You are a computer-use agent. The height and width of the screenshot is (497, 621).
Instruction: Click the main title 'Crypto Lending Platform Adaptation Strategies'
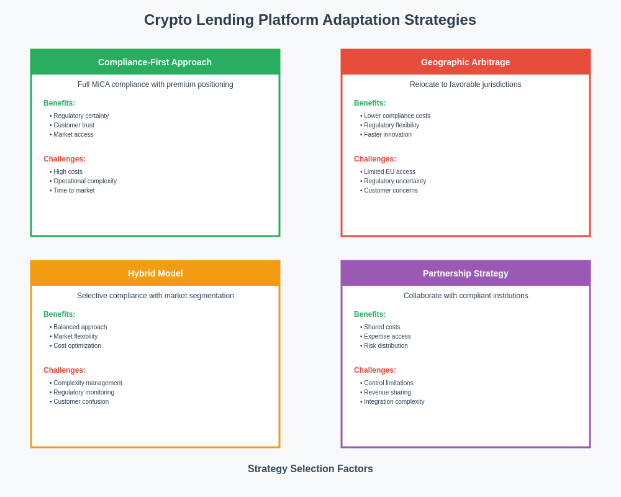(310, 20)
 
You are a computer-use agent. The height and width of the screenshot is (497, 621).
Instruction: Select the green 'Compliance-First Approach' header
(155, 62)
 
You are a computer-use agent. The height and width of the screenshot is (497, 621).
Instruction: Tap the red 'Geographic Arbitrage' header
(465, 62)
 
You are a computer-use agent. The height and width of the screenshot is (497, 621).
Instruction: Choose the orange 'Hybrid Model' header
(155, 273)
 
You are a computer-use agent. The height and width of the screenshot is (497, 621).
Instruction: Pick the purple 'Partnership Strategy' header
(465, 273)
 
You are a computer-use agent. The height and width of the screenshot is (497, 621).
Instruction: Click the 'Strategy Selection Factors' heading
(310, 469)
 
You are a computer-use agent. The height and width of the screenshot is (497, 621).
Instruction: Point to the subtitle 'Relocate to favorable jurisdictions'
(465, 84)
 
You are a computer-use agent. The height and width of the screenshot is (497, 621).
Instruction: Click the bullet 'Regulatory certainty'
(81, 116)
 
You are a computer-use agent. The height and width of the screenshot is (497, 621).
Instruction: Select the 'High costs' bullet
(68, 172)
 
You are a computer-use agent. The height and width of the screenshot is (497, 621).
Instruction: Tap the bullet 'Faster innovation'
(388, 135)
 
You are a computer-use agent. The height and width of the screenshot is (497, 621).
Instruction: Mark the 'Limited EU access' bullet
(389, 172)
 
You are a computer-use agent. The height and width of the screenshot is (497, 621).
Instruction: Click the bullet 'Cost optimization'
(77, 346)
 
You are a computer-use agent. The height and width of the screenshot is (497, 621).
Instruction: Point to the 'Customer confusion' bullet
(81, 402)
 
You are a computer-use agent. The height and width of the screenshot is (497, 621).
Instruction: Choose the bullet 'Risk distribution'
(386, 346)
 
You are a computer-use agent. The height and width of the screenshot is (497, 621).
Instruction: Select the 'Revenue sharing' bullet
(387, 393)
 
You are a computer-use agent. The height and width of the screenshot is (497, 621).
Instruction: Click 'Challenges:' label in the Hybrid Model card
(65, 370)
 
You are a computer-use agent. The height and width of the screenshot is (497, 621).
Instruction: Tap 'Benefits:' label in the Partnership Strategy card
(369, 314)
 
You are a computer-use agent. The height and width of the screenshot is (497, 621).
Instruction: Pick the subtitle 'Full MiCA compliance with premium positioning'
(155, 84)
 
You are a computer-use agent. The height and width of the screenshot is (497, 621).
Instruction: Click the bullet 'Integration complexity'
(394, 402)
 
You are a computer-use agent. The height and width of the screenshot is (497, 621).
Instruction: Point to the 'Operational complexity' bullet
(84, 181)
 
